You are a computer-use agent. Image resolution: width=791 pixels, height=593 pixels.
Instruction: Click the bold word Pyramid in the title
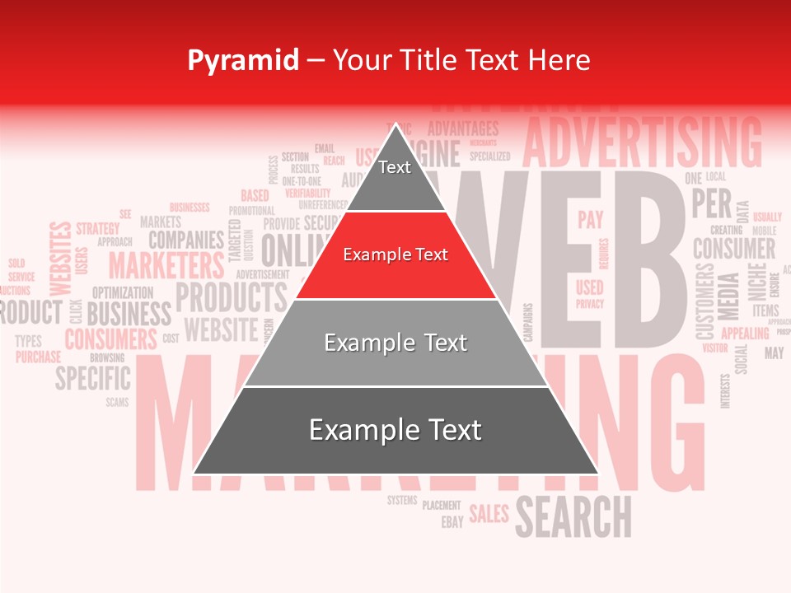(242, 60)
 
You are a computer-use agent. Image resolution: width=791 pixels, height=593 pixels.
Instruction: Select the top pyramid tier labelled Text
(395, 169)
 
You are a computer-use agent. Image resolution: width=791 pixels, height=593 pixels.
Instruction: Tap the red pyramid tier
(395, 255)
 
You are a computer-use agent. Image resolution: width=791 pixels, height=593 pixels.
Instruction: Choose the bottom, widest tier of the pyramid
(395, 430)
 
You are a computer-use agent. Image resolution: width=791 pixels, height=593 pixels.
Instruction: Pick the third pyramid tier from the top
(395, 343)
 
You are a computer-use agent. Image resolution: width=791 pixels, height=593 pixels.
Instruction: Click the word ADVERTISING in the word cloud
(642, 142)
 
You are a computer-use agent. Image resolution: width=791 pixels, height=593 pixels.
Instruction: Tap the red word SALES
(489, 514)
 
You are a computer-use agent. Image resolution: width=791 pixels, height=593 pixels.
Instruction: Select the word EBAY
(452, 522)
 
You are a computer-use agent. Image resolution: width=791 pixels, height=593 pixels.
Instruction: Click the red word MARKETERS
(166, 266)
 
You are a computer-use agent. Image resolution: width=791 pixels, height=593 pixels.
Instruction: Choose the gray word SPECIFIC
(92, 379)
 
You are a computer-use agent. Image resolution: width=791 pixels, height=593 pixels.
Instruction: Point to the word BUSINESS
(129, 314)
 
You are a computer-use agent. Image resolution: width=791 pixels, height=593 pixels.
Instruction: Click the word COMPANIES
(185, 240)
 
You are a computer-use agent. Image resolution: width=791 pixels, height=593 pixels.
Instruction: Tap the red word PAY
(590, 220)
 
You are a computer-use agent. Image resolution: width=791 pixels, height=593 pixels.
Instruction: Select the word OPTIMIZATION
(122, 292)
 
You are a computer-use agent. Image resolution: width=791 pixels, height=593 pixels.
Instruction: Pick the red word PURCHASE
(38, 357)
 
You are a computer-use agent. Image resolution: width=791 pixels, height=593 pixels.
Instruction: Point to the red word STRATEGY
(97, 227)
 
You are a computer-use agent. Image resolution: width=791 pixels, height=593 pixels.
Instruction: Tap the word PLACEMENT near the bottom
(442, 505)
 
